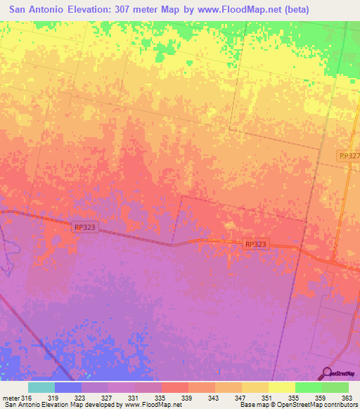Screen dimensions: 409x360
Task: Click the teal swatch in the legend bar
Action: pyautogui.click(x=41, y=387)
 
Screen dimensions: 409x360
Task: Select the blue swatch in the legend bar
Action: pyautogui.click(x=68, y=387)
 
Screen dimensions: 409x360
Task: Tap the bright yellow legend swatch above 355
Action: pyautogui.click(x=281, y=387)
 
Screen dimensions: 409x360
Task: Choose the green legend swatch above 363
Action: pyautogui.click(x=335, y=387)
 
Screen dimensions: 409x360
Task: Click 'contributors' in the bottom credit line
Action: pyautogui.click(x=339, y=405)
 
